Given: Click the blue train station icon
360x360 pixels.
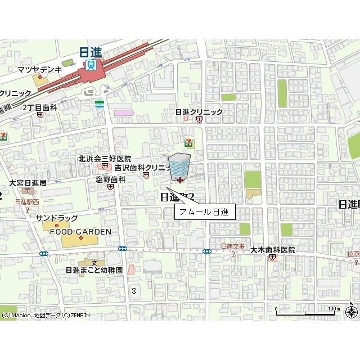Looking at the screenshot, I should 91,65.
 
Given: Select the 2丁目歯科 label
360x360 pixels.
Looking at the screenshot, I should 40,107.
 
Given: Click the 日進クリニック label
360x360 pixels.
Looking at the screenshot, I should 199,112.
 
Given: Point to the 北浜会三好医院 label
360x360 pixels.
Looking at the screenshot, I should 105,159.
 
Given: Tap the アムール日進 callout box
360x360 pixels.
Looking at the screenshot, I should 204,211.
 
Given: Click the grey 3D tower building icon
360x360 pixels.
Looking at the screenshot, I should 179,167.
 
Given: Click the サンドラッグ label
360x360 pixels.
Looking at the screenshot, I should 57,218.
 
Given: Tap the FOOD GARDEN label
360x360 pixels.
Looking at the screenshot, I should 80,231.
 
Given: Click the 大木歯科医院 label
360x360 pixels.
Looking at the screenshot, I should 273,249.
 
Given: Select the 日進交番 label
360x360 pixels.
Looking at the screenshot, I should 232,246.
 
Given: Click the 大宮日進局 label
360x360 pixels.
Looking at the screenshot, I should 28,183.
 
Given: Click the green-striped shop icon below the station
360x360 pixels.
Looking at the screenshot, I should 100,104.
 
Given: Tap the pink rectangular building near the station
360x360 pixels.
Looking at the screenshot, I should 124,112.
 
